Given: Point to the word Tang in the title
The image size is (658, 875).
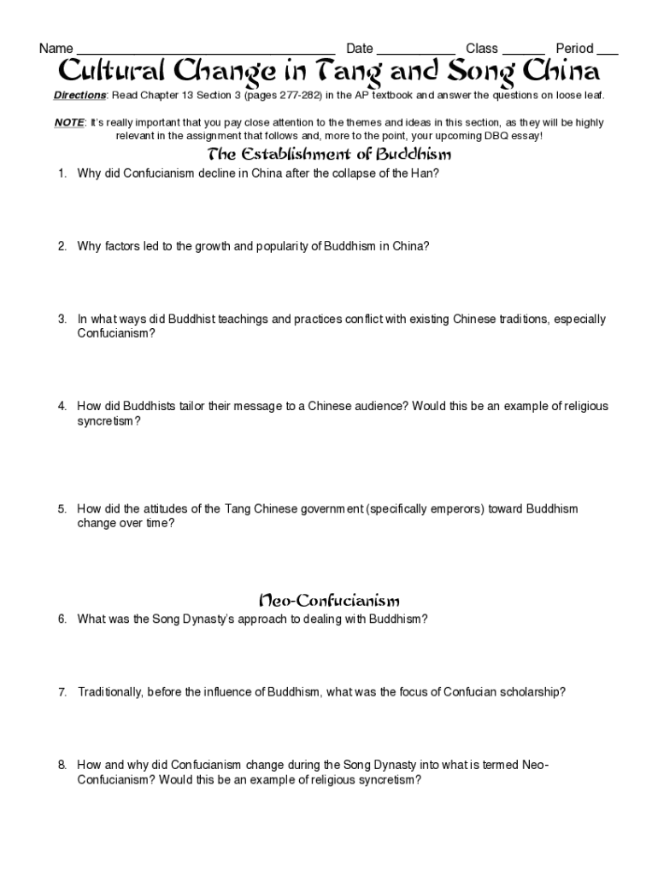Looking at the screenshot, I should (340, 70).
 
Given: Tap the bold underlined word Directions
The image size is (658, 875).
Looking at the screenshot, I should (79, 96).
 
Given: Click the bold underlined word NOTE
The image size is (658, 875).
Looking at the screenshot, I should (68, 123).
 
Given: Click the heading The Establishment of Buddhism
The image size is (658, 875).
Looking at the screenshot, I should (329, 155).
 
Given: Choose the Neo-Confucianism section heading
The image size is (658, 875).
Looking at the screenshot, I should (329, 601).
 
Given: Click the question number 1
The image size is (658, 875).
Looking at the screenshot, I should (62, 173).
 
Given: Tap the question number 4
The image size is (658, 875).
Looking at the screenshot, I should (62, 407).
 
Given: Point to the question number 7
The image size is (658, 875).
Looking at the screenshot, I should (62, 692).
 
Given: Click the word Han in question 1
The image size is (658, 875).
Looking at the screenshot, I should (426, 173).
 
